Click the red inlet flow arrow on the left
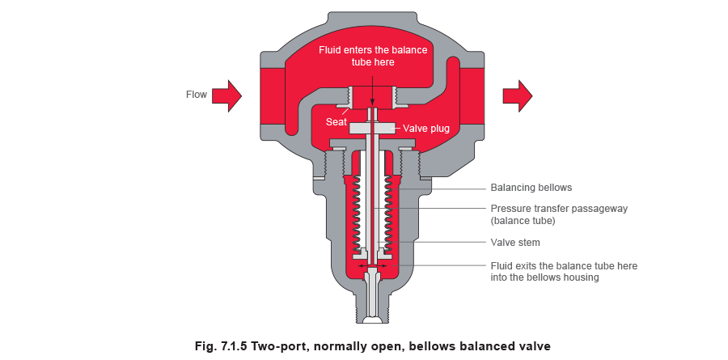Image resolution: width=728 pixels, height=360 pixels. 229,95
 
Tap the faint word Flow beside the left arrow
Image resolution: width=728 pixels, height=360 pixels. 196,95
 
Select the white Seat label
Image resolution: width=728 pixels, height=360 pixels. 336,122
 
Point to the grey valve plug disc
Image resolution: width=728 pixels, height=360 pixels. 372,128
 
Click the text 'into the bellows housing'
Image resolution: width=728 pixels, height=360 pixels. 544,277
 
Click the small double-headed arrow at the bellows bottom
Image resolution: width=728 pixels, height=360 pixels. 371,264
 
